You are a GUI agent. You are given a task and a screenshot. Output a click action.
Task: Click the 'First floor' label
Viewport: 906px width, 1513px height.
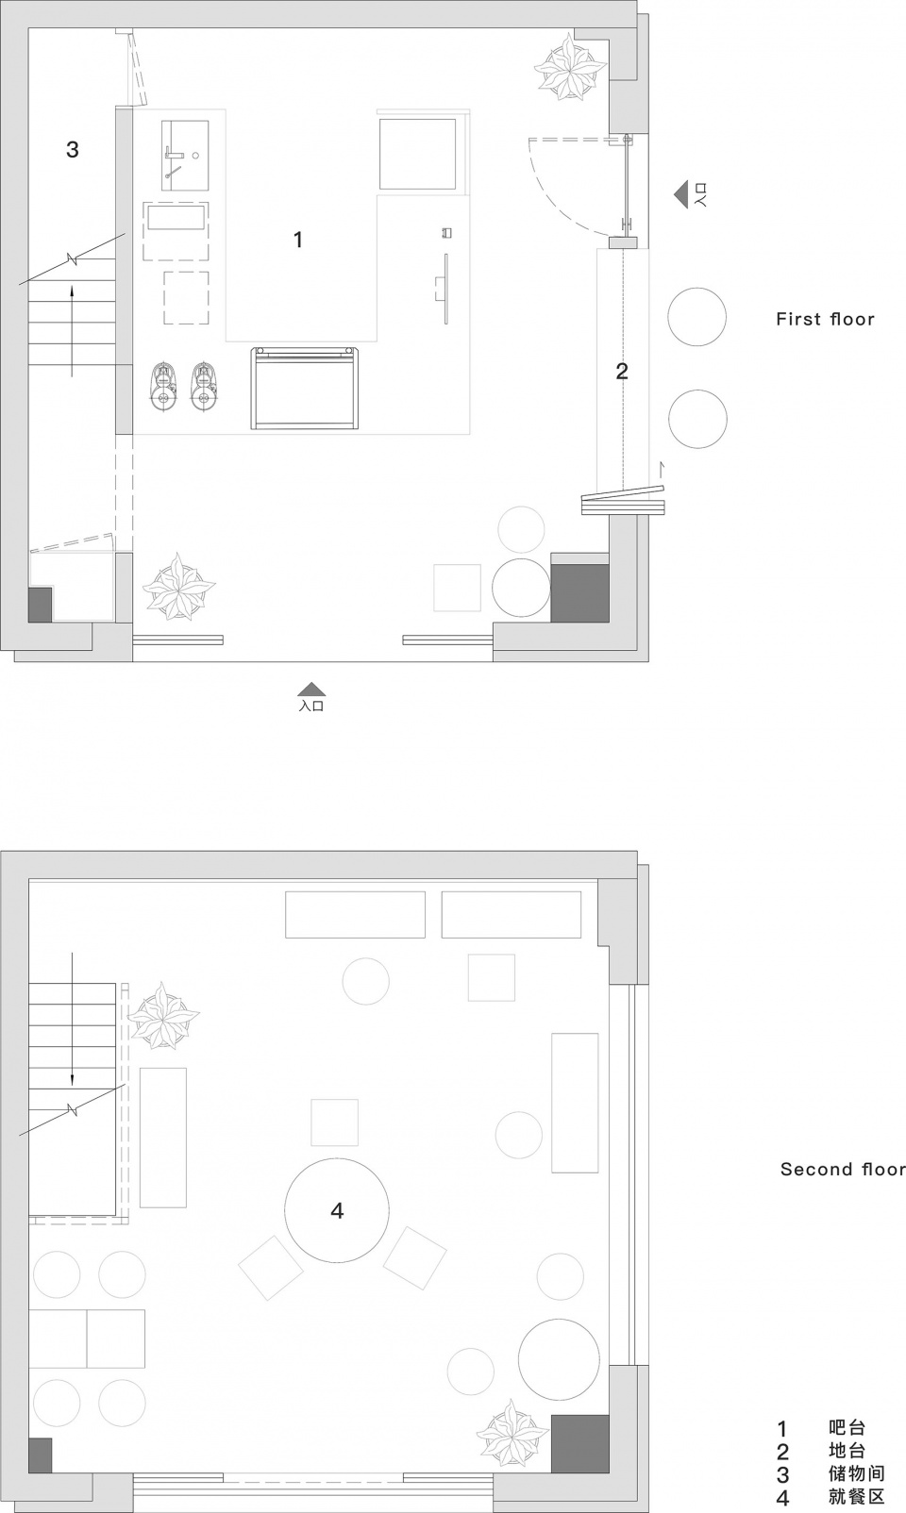825,319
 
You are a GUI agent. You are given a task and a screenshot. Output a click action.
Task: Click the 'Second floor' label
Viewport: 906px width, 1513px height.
843,1169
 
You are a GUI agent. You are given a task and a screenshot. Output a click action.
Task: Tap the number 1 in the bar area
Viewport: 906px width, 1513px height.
298,239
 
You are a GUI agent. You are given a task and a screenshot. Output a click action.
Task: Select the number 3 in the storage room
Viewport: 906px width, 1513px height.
73,149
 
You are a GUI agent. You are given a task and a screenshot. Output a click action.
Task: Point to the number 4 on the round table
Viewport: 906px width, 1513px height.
337,1210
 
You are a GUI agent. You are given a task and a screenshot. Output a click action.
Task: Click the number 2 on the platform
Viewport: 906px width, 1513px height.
622,371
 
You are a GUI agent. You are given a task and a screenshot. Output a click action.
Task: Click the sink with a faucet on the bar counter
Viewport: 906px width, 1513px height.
185,156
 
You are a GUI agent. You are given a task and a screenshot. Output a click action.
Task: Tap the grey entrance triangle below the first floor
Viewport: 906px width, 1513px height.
312,689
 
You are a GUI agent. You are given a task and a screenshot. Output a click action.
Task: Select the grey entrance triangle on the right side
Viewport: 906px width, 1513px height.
681,194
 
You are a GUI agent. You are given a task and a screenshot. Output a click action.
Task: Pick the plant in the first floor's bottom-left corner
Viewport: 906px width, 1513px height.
179,586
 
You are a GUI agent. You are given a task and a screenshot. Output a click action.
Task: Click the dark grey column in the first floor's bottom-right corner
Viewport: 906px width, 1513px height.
580,593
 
